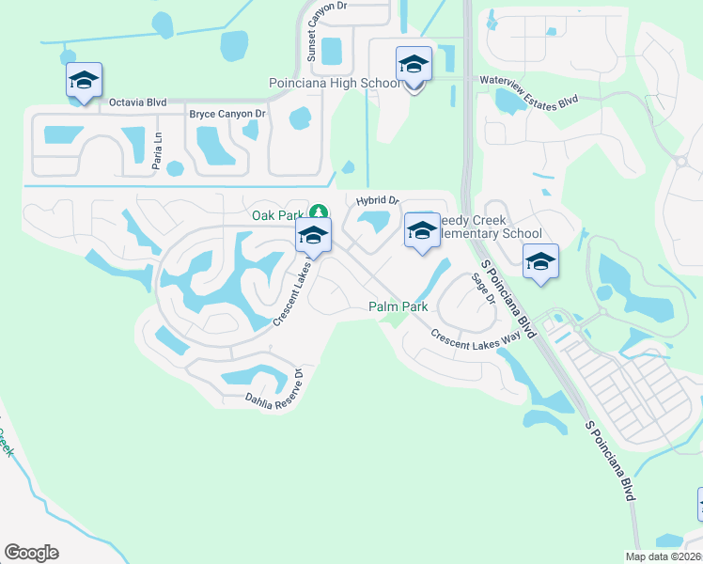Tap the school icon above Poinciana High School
(414, 64)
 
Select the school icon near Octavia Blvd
(84, 81)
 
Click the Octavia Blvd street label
(138, 102)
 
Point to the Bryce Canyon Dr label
(227, 114)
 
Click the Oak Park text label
(279, 215)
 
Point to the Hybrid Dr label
(378, 200)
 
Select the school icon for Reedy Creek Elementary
(422, 231)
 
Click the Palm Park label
(398, 307)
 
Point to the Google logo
(31, 553)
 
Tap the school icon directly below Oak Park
(313, 237)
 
